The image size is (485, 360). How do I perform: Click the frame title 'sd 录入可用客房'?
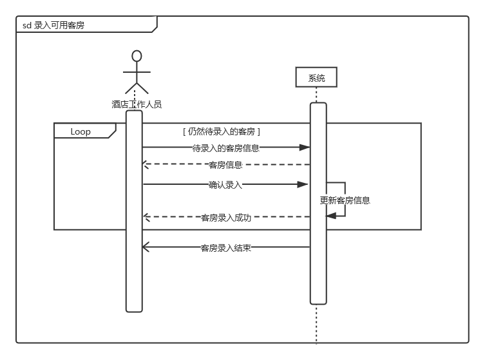58,25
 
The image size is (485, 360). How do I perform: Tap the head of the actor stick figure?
137,55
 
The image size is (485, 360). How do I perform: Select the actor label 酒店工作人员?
137,104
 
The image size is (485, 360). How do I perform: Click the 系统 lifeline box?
316,78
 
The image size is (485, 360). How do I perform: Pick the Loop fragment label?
81,131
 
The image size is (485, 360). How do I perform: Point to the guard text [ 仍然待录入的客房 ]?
222,131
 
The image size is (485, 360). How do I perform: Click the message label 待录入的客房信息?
225,147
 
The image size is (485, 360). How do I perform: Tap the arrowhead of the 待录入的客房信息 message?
305,147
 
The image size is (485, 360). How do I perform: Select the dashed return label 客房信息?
225,165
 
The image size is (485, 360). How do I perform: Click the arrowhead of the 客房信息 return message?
146,165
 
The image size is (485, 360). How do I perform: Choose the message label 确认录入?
225,185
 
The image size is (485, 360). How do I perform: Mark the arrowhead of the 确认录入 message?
303,185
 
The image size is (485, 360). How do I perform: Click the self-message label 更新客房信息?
345,200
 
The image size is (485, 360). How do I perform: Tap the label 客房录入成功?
225,218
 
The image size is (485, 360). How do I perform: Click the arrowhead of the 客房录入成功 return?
146,218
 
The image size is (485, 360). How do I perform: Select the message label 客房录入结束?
225,247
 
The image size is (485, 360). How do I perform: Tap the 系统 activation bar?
318,270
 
